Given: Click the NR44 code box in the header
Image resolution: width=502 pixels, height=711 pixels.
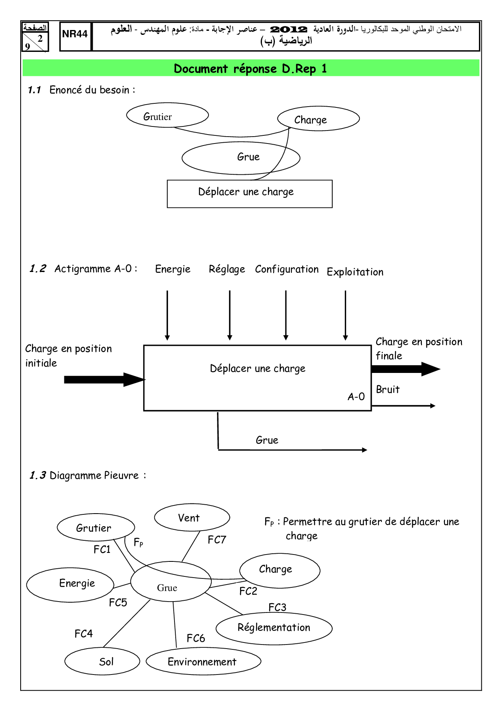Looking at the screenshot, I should pos(75,36).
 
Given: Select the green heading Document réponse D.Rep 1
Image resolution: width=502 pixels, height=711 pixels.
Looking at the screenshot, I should pos(251,69).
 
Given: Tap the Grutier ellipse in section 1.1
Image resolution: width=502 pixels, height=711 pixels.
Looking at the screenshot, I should pos(167,116).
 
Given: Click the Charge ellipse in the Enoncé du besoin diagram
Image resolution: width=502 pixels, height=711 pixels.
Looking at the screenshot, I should pos(318,119).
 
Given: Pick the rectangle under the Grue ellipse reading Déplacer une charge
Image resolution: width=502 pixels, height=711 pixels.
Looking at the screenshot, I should pos(249,194).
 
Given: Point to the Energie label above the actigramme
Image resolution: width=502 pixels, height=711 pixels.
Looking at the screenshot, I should pos(172,269).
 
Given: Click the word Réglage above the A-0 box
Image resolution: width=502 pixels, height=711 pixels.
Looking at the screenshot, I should pos(227,269).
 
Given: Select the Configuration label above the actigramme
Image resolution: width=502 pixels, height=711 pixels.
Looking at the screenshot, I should pos(287,269).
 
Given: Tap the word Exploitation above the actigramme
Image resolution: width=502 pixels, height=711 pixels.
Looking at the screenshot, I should pos(355,272).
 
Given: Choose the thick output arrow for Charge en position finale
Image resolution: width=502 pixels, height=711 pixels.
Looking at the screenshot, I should pos(405,369).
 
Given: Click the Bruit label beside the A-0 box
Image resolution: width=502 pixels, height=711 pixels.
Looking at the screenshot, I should pos(387,390).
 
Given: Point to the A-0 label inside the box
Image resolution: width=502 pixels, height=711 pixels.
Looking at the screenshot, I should pos(356,397).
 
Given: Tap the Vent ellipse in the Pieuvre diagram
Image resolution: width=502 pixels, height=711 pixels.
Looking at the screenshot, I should pos(192,518).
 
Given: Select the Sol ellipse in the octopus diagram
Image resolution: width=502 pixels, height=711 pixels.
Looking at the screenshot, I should pos(102,662).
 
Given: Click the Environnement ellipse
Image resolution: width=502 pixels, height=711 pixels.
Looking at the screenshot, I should pos(203,662).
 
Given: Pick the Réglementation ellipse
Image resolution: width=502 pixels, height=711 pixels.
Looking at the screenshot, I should pos(274,628).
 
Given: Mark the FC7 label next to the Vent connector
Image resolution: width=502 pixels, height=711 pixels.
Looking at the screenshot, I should pos(217,540).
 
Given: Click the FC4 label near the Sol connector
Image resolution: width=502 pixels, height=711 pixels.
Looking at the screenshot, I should pos(83,634).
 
